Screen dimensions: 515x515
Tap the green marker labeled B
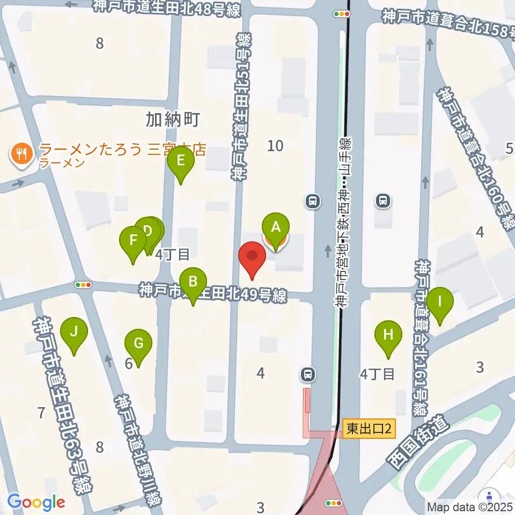(x=193, y=281)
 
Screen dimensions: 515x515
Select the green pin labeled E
(x=181, y=160)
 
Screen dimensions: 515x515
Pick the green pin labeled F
(x=133, y=240)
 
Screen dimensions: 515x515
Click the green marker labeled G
(x=138, y=343)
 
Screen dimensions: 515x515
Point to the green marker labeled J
(x=74, y=331)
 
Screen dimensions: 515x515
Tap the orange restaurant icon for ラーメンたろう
(x=21, y=155)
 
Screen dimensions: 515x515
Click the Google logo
(x=36, y=502)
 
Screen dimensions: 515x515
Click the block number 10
(x=276, y=145)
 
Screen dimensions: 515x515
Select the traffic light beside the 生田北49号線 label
(x=83, y=285)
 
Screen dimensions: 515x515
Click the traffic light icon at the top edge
(x=341, y=13)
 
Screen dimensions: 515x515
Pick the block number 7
(x=41, y=413)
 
